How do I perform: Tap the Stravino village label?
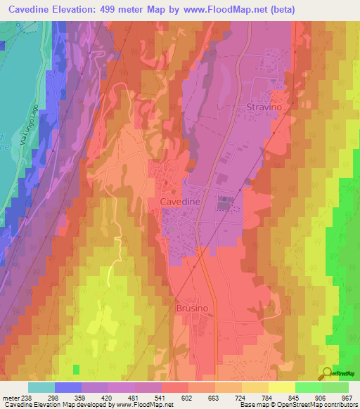click(x=265, y=107)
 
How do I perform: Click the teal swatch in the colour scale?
click(x=41, y=387)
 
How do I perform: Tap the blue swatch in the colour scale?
click(x=67, y=387)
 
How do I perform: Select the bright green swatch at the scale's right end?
click(x=335, y=387)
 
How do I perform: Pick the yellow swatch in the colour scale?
click(x=281, y=387)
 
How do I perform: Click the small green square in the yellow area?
click(x=76, y=369)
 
